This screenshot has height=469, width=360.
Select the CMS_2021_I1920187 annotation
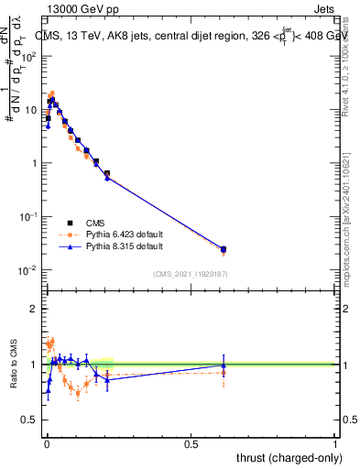190,273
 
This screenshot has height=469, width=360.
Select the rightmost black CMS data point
224,248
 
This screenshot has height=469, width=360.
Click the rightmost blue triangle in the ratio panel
224,365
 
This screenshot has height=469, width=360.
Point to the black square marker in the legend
70,223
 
